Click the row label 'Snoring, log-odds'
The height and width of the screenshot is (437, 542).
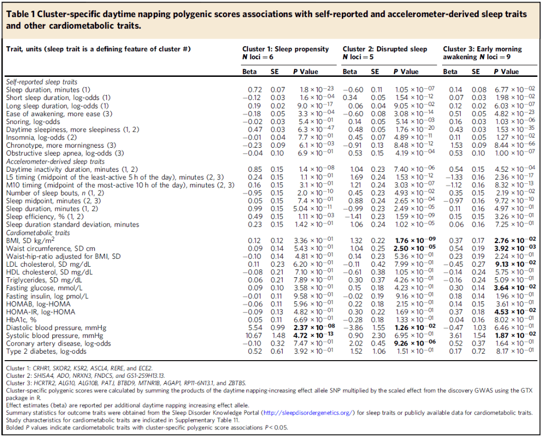point(33,122)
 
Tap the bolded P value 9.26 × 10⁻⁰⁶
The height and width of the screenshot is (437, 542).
point(415,343)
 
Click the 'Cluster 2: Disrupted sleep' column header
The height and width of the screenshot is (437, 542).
point(385,49)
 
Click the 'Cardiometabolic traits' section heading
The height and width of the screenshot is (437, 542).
point(38,233)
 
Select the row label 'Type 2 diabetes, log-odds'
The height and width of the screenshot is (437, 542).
point(46,352)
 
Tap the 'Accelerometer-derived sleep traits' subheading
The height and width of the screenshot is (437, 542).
point(55,161)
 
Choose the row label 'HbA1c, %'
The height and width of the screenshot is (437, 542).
point(21,319)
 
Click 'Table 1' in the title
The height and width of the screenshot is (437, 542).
point(21,14)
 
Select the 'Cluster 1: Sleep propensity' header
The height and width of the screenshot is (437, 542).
point(286,49)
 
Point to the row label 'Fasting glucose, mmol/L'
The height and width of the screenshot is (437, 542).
point(44,288)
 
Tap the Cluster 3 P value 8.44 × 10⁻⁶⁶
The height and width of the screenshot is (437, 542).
point(515,145)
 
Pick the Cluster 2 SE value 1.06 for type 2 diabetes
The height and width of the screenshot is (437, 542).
point(378,352)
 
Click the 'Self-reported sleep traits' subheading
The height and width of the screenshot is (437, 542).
point(42,82)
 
